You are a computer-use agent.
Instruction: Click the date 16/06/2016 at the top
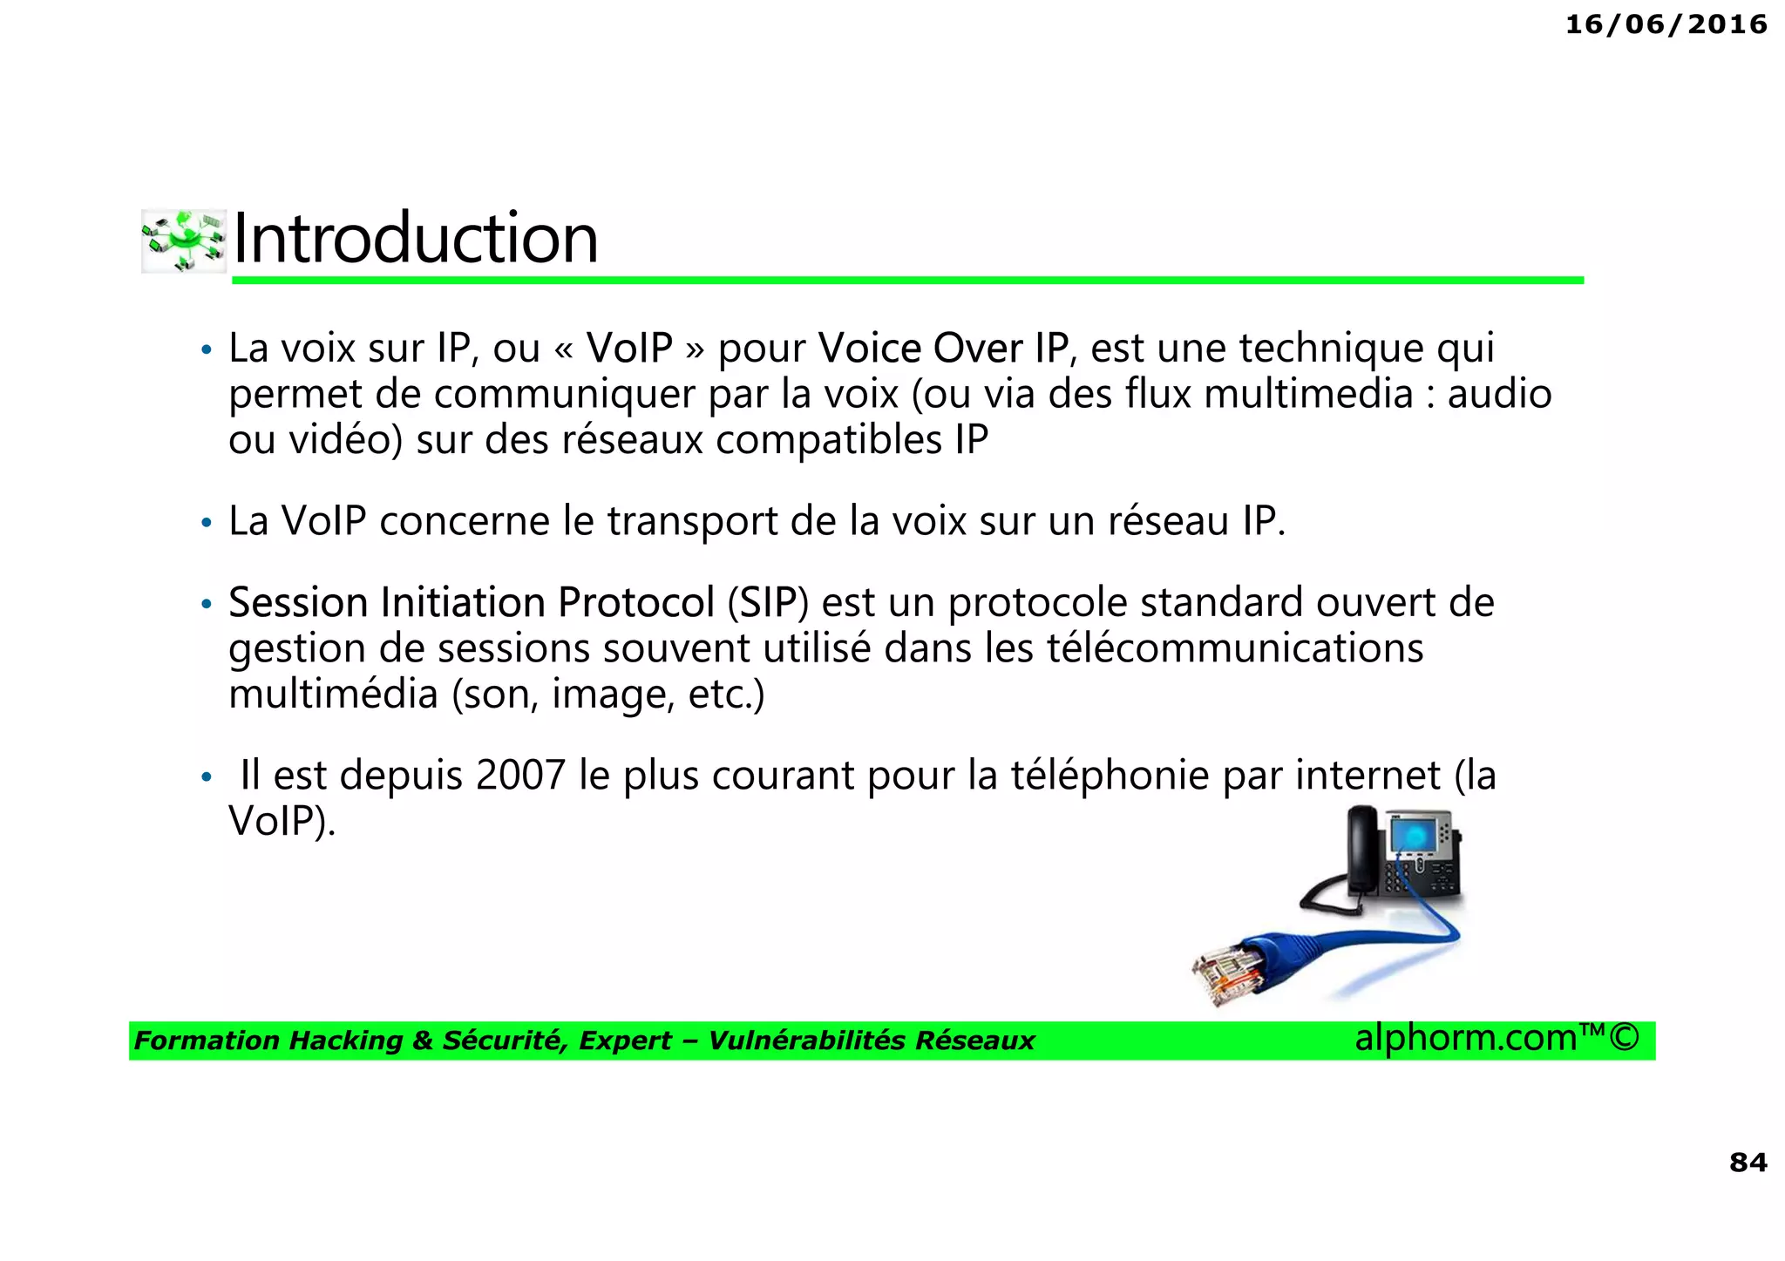1666,24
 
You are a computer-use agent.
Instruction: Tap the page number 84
1748,1162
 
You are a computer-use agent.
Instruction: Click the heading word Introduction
416,239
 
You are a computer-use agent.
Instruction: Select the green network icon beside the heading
183,241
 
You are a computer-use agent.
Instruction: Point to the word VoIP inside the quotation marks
629,349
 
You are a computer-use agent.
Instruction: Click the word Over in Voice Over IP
978,349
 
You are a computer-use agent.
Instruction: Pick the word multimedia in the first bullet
1308,394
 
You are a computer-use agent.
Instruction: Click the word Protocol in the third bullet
636,603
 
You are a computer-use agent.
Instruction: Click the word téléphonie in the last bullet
1110,775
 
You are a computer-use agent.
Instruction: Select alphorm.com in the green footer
1466,1038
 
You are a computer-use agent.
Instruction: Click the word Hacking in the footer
346,1041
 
